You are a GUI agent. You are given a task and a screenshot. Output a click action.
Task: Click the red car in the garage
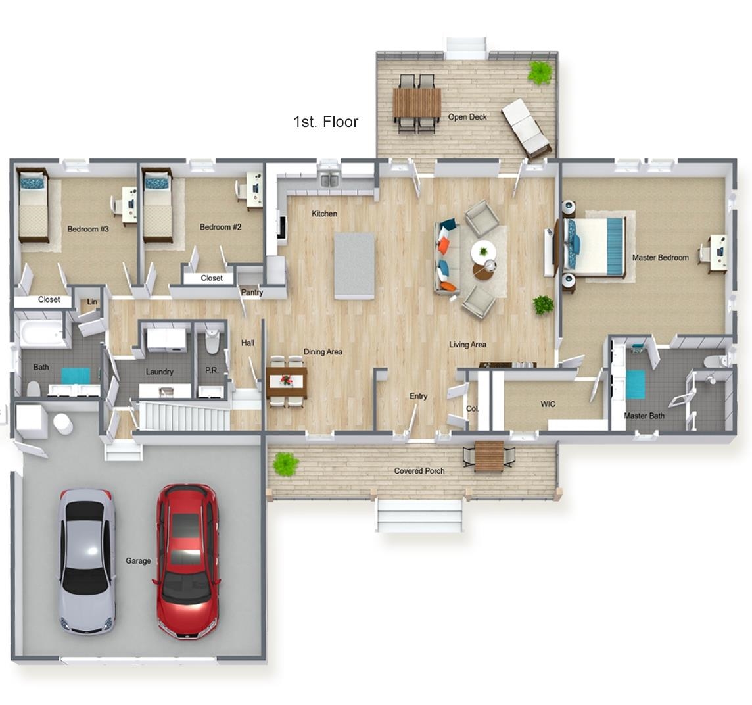[x=187, y=561]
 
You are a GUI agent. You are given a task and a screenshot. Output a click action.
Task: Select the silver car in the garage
[x=87, y=562]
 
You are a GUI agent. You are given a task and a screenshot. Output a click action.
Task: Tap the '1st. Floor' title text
[x=325, y=122]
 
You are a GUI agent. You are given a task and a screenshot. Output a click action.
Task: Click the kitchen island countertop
[x=354, y=266]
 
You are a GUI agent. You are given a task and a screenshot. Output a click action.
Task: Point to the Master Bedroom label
[x=660, y=258]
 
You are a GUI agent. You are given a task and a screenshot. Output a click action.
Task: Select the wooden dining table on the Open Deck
[x=417, y=103]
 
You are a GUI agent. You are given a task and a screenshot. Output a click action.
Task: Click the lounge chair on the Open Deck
[x=525, y=128]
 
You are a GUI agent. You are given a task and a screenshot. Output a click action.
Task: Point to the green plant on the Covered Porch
[x=286, y=464]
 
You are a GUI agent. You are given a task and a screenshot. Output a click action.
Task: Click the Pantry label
[x=252, y=292]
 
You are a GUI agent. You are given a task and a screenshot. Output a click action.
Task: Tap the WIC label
[x=548, y=404]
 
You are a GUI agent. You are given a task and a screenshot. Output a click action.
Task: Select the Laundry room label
[x=159, y=372]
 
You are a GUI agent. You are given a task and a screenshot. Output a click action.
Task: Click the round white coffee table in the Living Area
[x=483, y=251]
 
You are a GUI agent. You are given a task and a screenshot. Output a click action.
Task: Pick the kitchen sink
[x=329, y=180]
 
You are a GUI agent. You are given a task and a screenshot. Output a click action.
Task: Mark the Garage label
[x=138, y=560]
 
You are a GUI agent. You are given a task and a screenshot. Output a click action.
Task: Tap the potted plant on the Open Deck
[x=541, y=72]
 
